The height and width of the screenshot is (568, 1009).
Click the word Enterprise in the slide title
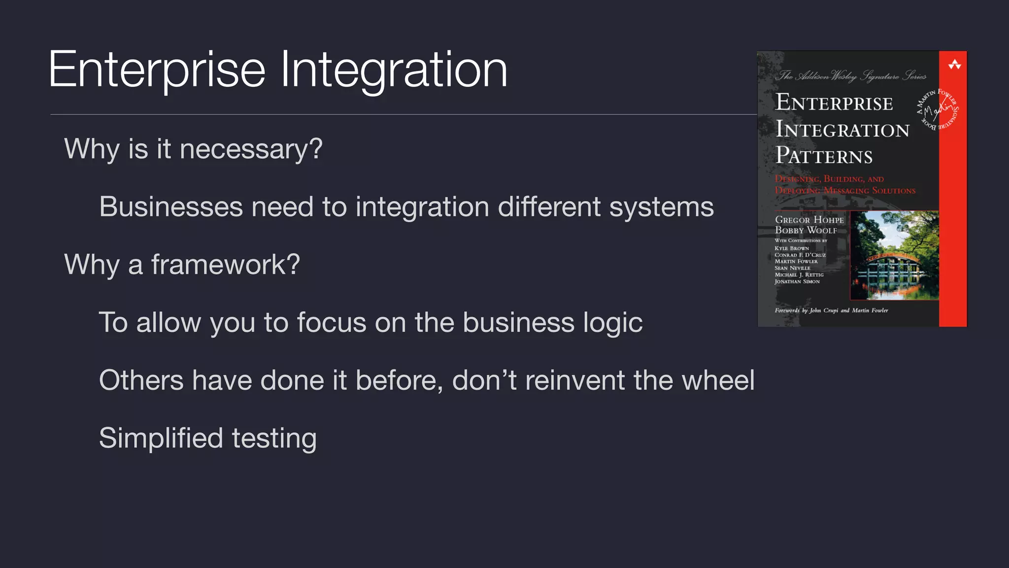pos(157,70)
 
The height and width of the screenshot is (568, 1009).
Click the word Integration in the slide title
pos(394,70)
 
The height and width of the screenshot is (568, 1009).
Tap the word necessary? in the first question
pos(251,149)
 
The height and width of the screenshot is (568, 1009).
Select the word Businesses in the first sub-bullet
pos(171,207)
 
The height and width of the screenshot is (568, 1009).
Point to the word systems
pos(661,207)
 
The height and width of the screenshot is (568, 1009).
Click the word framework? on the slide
pos(225,265)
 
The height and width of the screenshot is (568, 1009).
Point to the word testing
pos(274,438)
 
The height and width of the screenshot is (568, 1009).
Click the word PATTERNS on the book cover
pos(824,156)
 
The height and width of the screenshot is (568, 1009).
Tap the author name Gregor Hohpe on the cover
pos(809,220)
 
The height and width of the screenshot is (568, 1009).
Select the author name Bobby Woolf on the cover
pos(806,230)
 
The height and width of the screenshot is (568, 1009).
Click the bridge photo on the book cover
pos(894,255)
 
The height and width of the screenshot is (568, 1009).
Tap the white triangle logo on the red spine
pos(954,65)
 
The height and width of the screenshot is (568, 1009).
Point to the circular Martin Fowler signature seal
pos(937,109)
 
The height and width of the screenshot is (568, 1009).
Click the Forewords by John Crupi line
pos(831,310)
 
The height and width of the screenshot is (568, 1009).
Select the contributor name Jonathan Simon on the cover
pos(797,282)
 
